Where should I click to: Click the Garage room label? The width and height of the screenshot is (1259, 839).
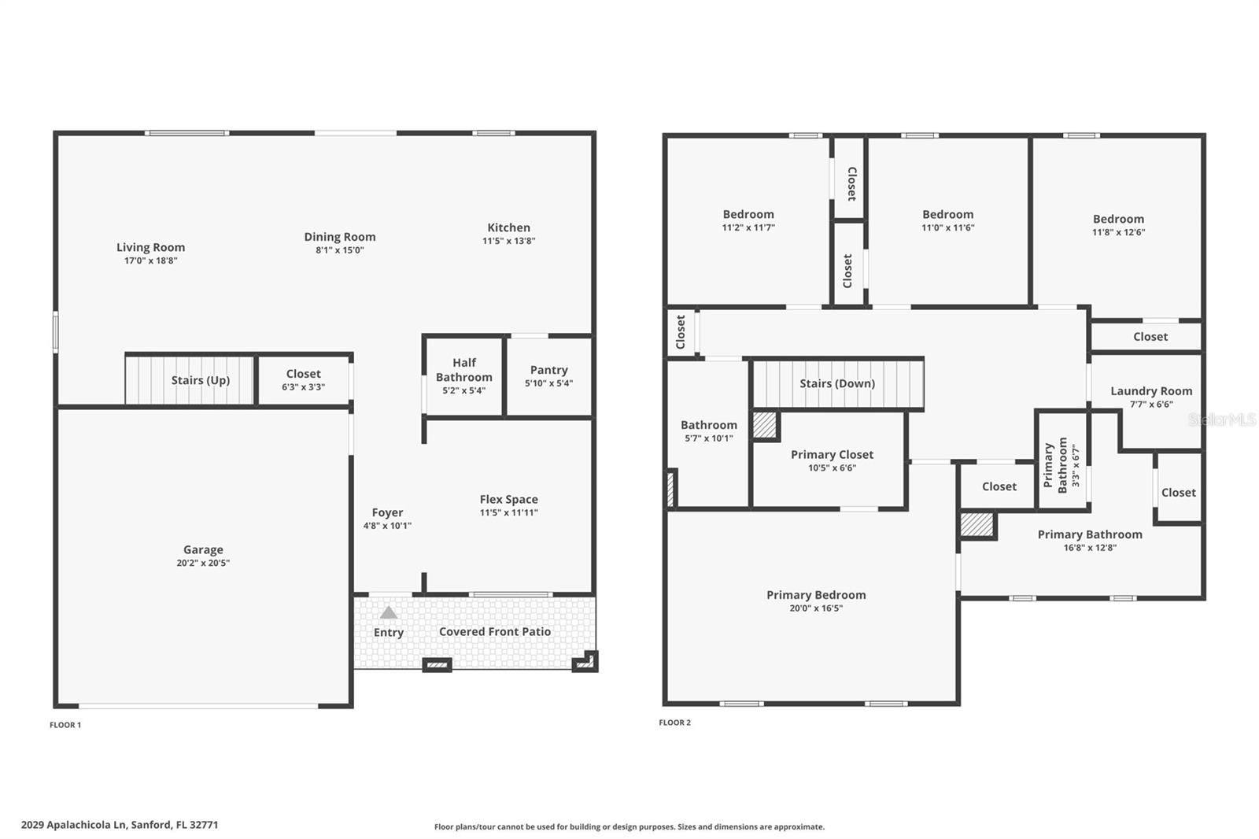click(203, 550)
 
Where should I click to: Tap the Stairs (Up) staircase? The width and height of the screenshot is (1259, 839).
click(190, 381)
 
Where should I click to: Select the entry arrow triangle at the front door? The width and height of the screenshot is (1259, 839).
click(389, 612)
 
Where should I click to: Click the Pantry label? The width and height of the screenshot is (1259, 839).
click(548, 370)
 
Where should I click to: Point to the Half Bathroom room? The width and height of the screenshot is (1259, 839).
click(464, 375)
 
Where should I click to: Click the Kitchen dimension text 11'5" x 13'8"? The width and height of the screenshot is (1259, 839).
click(509, 241)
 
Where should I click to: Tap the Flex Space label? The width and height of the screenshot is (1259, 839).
click(508, 500)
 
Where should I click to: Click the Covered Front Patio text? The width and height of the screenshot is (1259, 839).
click(494, 632)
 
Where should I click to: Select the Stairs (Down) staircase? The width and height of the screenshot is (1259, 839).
click(837, 384)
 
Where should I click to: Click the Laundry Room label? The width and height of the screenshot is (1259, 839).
click(1150, 391)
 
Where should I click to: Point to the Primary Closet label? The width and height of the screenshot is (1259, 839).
click(832, 455)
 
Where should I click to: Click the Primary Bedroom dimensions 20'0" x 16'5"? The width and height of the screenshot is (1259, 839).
click(816, 608)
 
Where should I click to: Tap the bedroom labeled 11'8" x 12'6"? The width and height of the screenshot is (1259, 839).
click(1117, 225)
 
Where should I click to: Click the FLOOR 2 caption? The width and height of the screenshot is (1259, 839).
click(674, 723)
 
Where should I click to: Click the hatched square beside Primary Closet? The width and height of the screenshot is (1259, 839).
click(764, 425)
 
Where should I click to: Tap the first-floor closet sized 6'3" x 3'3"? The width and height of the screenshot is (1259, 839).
click(303, 380)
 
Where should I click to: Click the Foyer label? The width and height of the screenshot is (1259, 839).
click(387, 512)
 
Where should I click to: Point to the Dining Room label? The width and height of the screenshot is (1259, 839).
click(340, 237)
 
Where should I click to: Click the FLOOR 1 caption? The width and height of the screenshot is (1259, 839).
click(65, 725)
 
